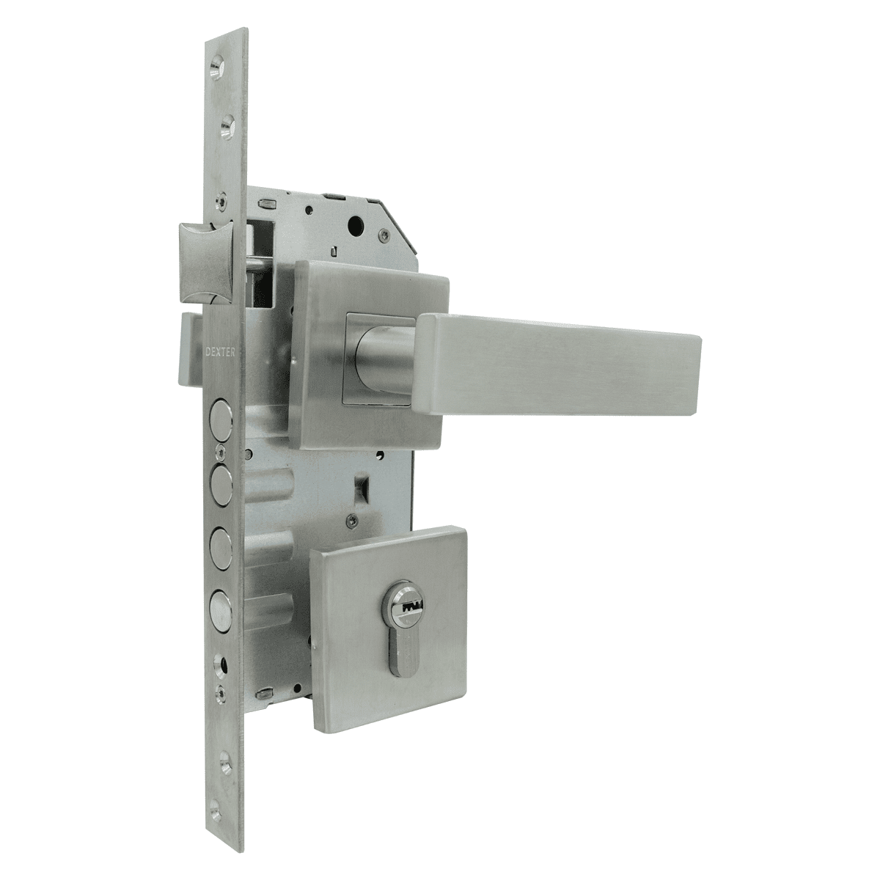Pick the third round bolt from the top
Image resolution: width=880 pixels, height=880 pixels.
pyautogui.click(x=219, y=542)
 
